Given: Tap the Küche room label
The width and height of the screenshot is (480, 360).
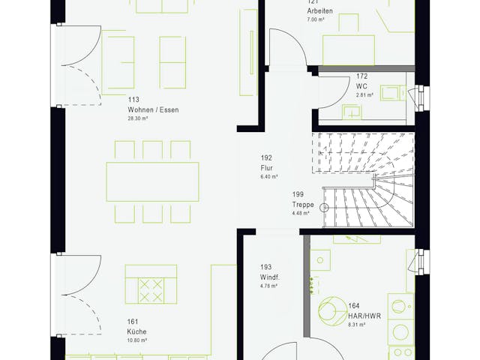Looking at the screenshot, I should coord(136,331).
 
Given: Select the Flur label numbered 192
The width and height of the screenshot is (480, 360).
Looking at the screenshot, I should coord(268,168).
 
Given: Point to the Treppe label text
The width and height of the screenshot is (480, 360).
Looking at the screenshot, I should coord(303,204).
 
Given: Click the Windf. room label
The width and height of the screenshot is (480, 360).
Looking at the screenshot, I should coord(270,277).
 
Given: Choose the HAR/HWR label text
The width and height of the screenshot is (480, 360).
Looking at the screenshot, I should coord(364,316).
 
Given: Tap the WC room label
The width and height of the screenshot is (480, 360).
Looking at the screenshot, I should coord(361,86).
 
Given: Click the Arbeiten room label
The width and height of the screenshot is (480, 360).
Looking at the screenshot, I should coord(319,11).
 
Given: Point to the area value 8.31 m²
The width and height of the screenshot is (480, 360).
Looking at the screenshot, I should coord(357,325).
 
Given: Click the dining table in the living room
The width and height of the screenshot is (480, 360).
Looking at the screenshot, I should coord(153,181).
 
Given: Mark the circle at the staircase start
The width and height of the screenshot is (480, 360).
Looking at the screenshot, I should coord(325,208).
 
